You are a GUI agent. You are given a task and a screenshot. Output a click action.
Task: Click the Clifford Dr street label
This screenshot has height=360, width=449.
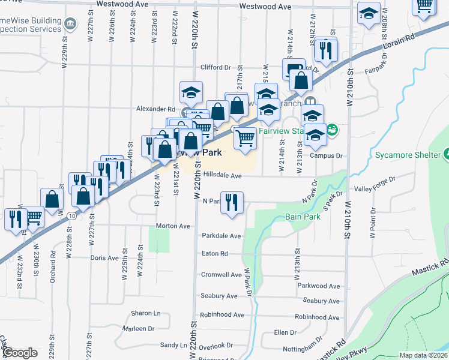(x=215, y=68)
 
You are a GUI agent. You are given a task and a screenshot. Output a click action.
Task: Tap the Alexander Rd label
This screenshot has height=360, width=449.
(x=155, y=109)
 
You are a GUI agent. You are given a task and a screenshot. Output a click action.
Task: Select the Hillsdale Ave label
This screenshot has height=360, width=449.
(x=222, y=176)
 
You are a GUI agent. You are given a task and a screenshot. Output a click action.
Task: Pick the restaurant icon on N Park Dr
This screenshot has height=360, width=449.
(x=231, y=202)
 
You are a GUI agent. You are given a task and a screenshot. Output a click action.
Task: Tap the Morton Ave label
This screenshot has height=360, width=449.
(x=173, y=226)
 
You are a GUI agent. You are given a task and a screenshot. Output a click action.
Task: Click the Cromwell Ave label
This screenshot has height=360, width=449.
(x=221, y=275)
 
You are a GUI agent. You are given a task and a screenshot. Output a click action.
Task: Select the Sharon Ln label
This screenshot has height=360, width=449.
(x=146, y=313)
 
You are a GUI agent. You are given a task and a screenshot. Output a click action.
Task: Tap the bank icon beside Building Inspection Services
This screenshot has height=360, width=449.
(x=71, y=24)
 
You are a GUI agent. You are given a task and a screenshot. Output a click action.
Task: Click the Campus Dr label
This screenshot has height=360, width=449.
(x=326, y=155)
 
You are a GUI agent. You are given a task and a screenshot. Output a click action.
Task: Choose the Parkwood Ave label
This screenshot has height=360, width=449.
(x=318, y=286)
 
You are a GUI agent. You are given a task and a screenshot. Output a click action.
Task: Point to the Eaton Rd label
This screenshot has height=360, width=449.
(x=215, y=254)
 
